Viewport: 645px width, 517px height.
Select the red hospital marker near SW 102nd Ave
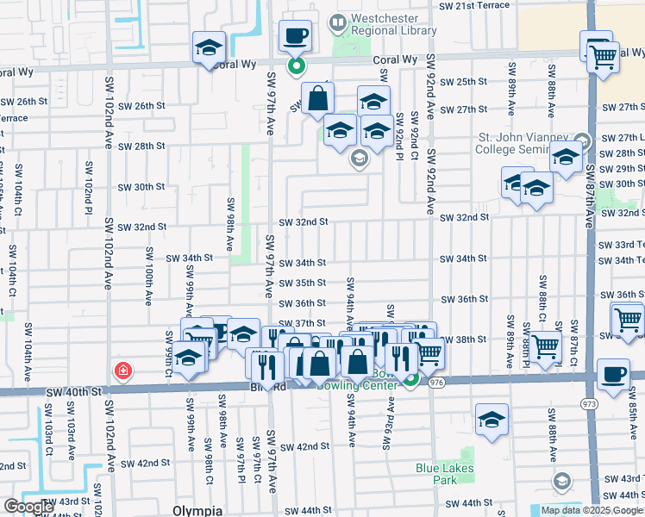pyautogui.click(x=124, y=371)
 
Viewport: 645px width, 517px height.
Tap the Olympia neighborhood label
pyautogui.click(x=197, y=510)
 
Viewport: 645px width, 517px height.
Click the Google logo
pyautogui.click(x=28, y=508)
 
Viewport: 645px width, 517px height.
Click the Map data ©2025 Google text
pyautogui.click(x=592, y=510)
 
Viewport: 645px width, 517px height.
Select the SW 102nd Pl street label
pyautogui.click(x=88, y=181)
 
